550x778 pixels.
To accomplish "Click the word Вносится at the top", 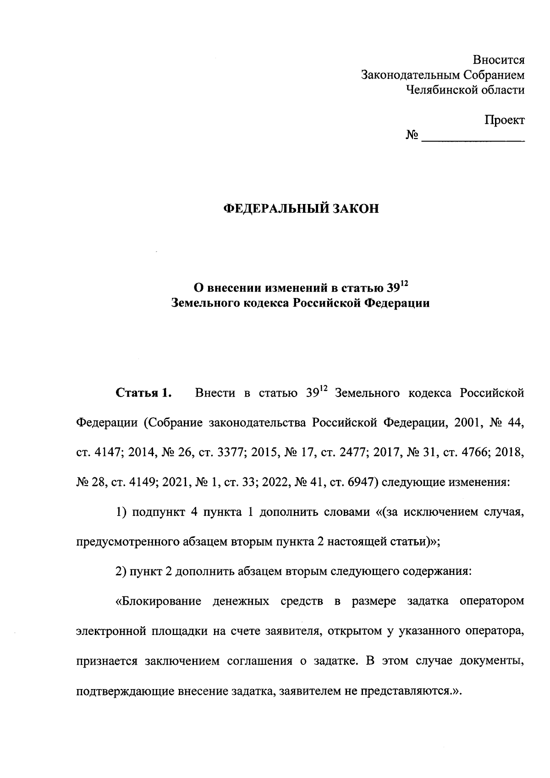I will [499, 60].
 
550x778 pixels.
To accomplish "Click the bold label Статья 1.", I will [143, 393].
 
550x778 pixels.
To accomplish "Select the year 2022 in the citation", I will [275, 482].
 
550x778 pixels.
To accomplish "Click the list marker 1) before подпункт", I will [121, 512].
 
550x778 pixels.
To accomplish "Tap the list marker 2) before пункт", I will [121, 572].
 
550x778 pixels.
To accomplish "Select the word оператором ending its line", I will [491, 601].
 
